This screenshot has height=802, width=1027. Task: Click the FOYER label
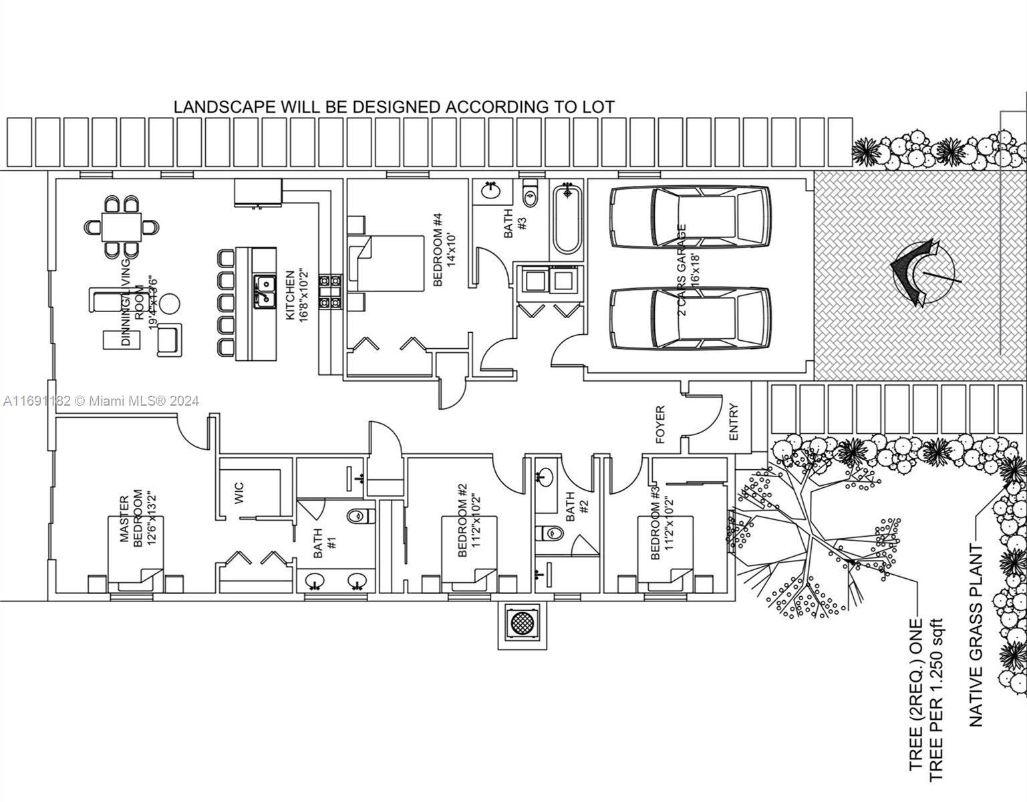[660, 424]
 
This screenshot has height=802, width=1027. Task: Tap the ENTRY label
[734, 422]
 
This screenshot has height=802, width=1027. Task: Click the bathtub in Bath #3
[567, 219]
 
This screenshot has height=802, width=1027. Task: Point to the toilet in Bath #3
[531, 193]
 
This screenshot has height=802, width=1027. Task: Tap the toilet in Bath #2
[550, 533]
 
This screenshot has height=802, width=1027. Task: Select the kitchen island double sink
[265, 292]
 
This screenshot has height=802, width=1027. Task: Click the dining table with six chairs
[122, 227]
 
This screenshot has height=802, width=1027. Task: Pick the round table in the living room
[170, 303]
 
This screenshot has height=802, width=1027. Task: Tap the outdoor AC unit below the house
[523, 623]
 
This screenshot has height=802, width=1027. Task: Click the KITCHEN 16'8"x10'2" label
[296, 296]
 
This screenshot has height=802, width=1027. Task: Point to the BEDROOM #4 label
[443, 249]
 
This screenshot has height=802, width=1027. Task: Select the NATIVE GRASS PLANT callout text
[976, 636]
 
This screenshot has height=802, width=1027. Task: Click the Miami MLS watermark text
[101, 401]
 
